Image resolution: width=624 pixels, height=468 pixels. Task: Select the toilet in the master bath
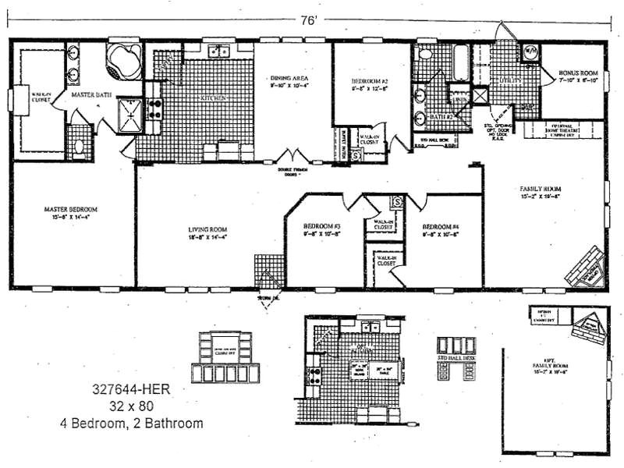[x=80, y=145]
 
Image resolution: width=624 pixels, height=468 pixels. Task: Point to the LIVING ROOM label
[x=208, y=232]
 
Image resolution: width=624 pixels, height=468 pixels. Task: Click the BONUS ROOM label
[x=576, y=76]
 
